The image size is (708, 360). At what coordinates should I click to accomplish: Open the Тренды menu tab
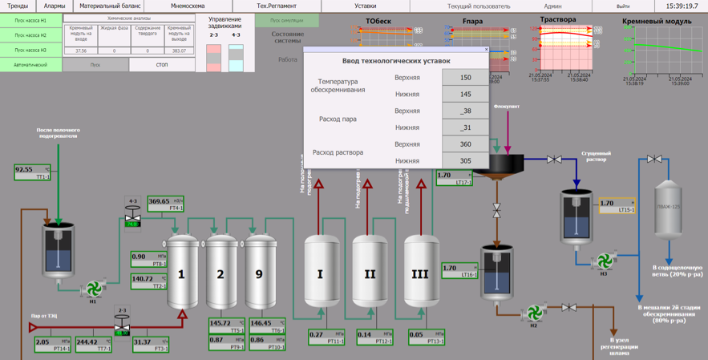(18, 6)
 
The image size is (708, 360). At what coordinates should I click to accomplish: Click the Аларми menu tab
(55, 6)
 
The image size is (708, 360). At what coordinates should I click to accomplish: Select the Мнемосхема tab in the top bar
(188, 6)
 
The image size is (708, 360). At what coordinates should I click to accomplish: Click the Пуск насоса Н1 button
(30, 20)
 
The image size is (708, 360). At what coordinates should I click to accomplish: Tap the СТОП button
(162, 65)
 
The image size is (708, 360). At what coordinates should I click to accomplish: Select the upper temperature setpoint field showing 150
(465, 78)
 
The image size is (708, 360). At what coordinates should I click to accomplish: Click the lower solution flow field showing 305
(465, 160)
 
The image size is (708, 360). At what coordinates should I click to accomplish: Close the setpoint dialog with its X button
(486, 50)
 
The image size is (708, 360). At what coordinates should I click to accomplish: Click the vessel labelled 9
(261, 273)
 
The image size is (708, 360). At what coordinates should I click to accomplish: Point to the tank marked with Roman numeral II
(370, 273)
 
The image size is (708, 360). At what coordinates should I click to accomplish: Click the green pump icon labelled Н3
(605, 261)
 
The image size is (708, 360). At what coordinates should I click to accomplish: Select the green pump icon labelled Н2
(534, 312)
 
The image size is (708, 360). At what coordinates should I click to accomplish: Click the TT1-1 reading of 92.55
(32, 172)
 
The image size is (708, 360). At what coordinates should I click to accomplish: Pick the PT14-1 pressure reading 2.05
(51, 344)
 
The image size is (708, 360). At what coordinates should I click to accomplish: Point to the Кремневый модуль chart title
(657, 22)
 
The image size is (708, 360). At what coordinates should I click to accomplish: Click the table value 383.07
(179, 51)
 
